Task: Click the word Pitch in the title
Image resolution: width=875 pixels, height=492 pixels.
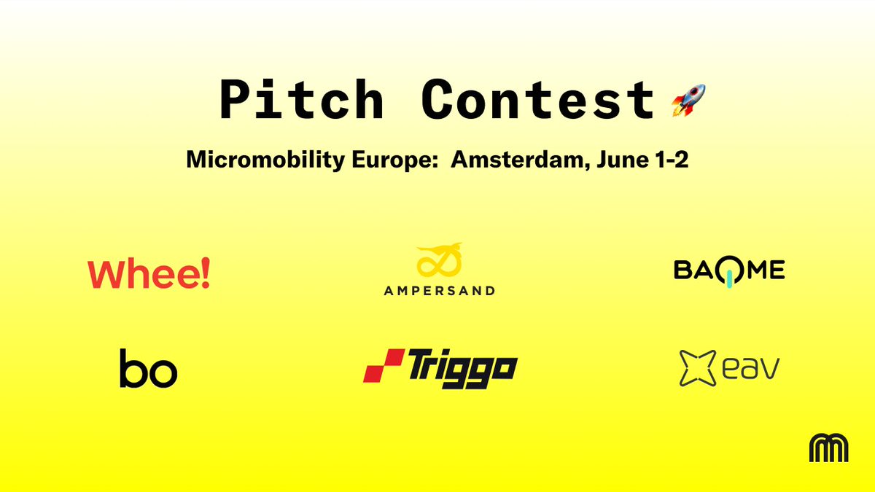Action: pos(301,100)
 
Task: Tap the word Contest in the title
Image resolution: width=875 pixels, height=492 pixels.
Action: pos(538,100)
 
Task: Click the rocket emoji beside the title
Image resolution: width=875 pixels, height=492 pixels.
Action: pos(688,100)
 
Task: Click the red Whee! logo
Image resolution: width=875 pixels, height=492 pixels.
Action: pos(149,274)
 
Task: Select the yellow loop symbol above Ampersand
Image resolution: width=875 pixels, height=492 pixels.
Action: pos(439,261)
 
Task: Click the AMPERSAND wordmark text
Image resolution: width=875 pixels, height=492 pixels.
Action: pos(439,291)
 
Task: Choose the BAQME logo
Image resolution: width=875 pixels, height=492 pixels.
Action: pos(728,271)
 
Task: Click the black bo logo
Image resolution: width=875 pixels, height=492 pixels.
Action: pos(148,368)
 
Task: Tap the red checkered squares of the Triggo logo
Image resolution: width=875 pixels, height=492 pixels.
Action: pos(384,366)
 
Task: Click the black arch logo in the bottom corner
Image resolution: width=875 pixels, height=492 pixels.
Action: pos(828,448)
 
